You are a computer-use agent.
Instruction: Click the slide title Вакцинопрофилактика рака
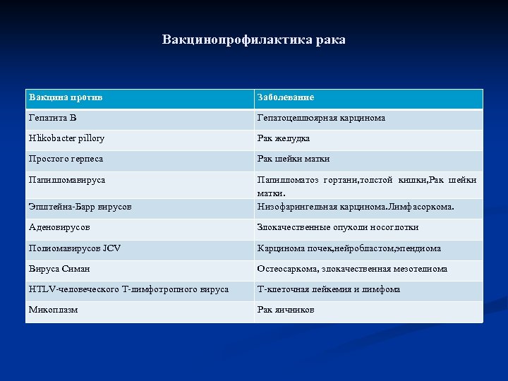[254, 40]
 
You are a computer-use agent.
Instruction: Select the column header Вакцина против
[70, 97]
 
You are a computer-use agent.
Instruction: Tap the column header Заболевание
[286, 97]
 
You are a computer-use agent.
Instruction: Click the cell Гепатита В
[54, 118]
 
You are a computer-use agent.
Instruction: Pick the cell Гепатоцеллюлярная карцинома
[321, 118]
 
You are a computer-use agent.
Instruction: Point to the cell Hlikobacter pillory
[66, 138]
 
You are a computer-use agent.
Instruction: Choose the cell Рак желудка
[284, 138]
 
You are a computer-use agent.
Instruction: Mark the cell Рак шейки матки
[294, 159]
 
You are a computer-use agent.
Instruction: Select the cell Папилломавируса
[67, 180]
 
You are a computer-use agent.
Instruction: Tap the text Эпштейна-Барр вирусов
[80, 207]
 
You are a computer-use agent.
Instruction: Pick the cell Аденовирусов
[59, 227]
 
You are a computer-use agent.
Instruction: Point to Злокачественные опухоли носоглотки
[337, 227]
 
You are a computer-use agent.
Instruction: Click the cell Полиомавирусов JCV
[75, 248]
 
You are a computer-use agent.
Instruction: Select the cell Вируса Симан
[59, 269]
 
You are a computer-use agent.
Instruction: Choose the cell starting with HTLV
[128, 289]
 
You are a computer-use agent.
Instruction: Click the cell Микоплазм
[53, 310]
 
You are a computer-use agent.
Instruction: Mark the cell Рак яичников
[286, 310]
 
